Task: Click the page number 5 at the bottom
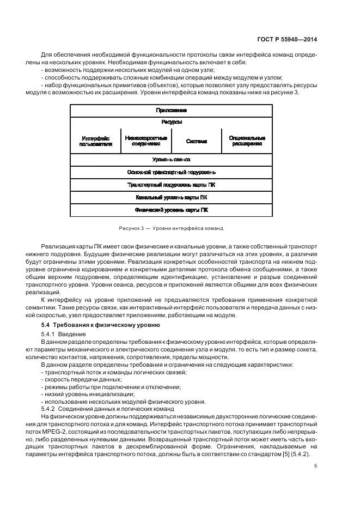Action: [x=316, y=465]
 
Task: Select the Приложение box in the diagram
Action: [x=171, y=110]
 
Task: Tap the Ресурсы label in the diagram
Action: [x=171, y=122]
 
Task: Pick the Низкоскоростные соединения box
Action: [x=145, y=141]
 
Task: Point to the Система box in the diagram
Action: [x=196, y=141]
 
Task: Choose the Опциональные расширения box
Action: [x=247, y=141]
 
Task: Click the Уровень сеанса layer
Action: [x=171, y=160]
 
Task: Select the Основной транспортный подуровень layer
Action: [x=171, y=172]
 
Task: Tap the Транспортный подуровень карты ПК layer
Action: [x=171, y=185]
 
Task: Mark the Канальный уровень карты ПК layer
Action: [x=171, y=197]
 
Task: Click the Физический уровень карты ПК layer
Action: [x=171, y=210]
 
